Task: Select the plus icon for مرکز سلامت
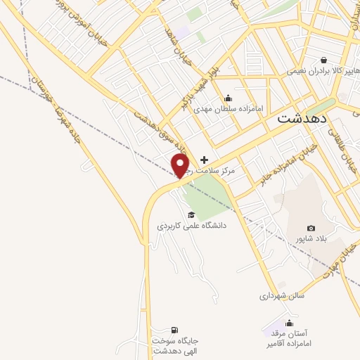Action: [x=205, y=160]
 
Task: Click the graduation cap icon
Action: [x=191, y=214]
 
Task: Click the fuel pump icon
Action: [x=174, y=330]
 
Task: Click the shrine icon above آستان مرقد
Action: [x=289, y=323]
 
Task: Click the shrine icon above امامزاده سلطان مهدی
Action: [x=227, y=98]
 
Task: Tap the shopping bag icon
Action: [x=323, y=60]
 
